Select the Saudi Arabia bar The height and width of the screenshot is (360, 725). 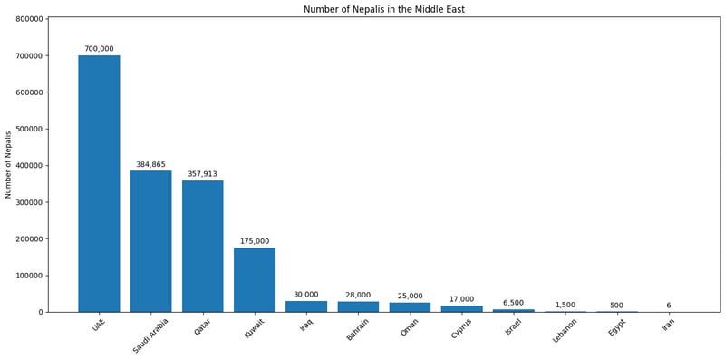click(150, 241)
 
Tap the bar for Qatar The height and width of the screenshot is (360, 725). click(202, 246)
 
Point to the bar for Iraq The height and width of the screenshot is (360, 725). click(306, 306)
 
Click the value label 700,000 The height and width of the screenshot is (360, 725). click(99, 49)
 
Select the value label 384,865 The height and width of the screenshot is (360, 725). click(150, 165)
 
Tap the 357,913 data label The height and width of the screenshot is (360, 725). click(202, 174)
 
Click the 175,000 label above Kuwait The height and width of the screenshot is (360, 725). click(255, 241)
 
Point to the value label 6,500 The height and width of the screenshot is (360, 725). click(514, 303)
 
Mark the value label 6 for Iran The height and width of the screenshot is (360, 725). click(669, 306)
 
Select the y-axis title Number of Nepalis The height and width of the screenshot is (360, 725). click(8, 164)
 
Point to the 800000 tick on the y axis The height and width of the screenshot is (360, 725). click(24, 19)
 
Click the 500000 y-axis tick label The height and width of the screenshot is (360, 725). click(24, 129)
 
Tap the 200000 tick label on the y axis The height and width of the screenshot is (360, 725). click(24, 239)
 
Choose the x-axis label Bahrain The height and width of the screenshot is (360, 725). click(357, 329)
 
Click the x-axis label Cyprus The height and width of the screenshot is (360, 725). click(461, 328)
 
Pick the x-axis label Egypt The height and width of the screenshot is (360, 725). click(617, 327)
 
